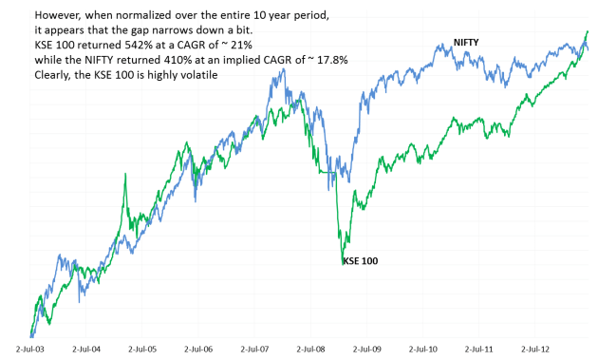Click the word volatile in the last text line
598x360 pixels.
click(196, 75)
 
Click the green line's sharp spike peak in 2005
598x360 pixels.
click(125, 176)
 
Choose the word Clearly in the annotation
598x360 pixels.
click(54, 75)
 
